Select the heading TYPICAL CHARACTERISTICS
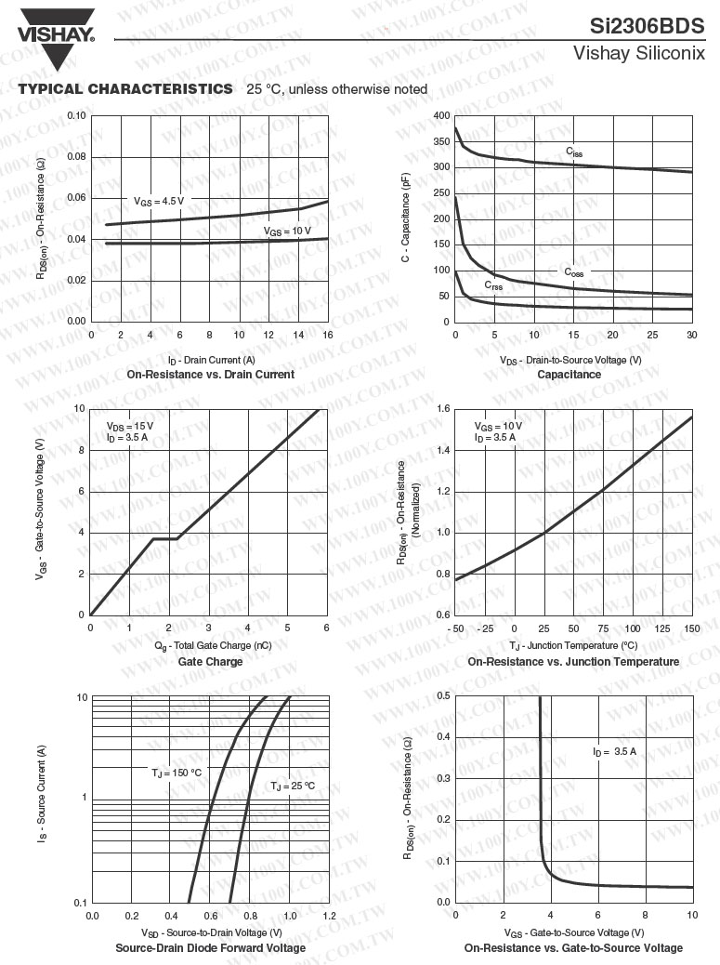(125, 89)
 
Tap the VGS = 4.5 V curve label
(159, 201)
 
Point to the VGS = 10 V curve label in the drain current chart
(287, 231)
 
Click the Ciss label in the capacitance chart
(575, 152)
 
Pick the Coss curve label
(574, 272)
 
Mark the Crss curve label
(493, 286)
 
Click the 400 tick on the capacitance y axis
(441, 115)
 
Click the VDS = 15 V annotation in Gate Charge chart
(130, 426)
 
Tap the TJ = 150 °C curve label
(177, 773)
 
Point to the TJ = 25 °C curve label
(293, 786)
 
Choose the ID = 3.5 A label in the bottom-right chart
(614, 751)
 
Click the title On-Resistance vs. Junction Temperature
(573, 662)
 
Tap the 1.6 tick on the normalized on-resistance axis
(443, 409)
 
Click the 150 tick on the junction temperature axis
(692, 629)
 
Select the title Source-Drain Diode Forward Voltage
(210, 948)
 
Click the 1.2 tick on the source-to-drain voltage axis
(329, 917)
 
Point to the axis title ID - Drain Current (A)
(211, 360)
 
